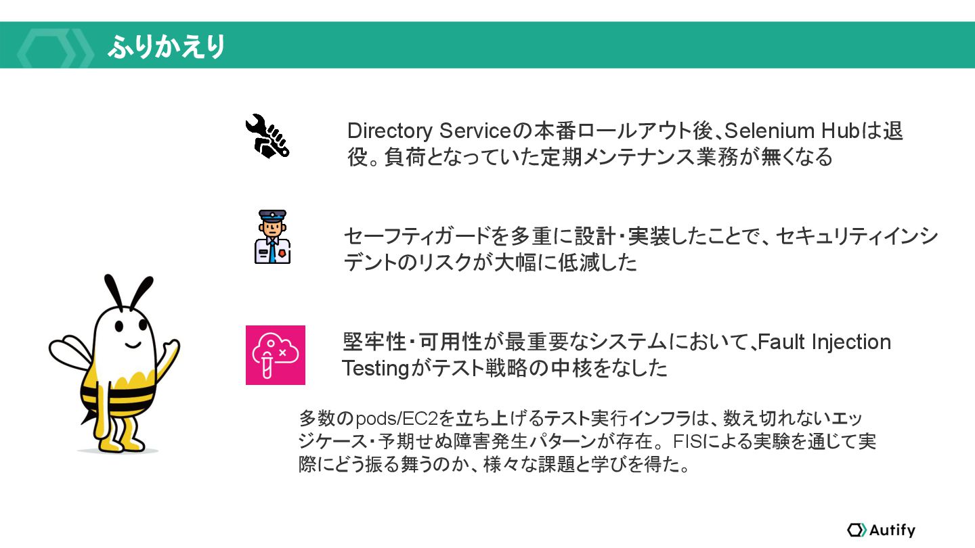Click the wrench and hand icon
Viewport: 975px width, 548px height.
[267, 136]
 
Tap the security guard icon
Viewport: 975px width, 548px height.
[272, 237]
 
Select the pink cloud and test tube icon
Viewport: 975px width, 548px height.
[275, 355]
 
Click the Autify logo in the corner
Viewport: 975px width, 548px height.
[881, 530]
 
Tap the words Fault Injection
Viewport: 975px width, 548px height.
[824, 342]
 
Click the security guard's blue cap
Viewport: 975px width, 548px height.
[272, 216]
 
